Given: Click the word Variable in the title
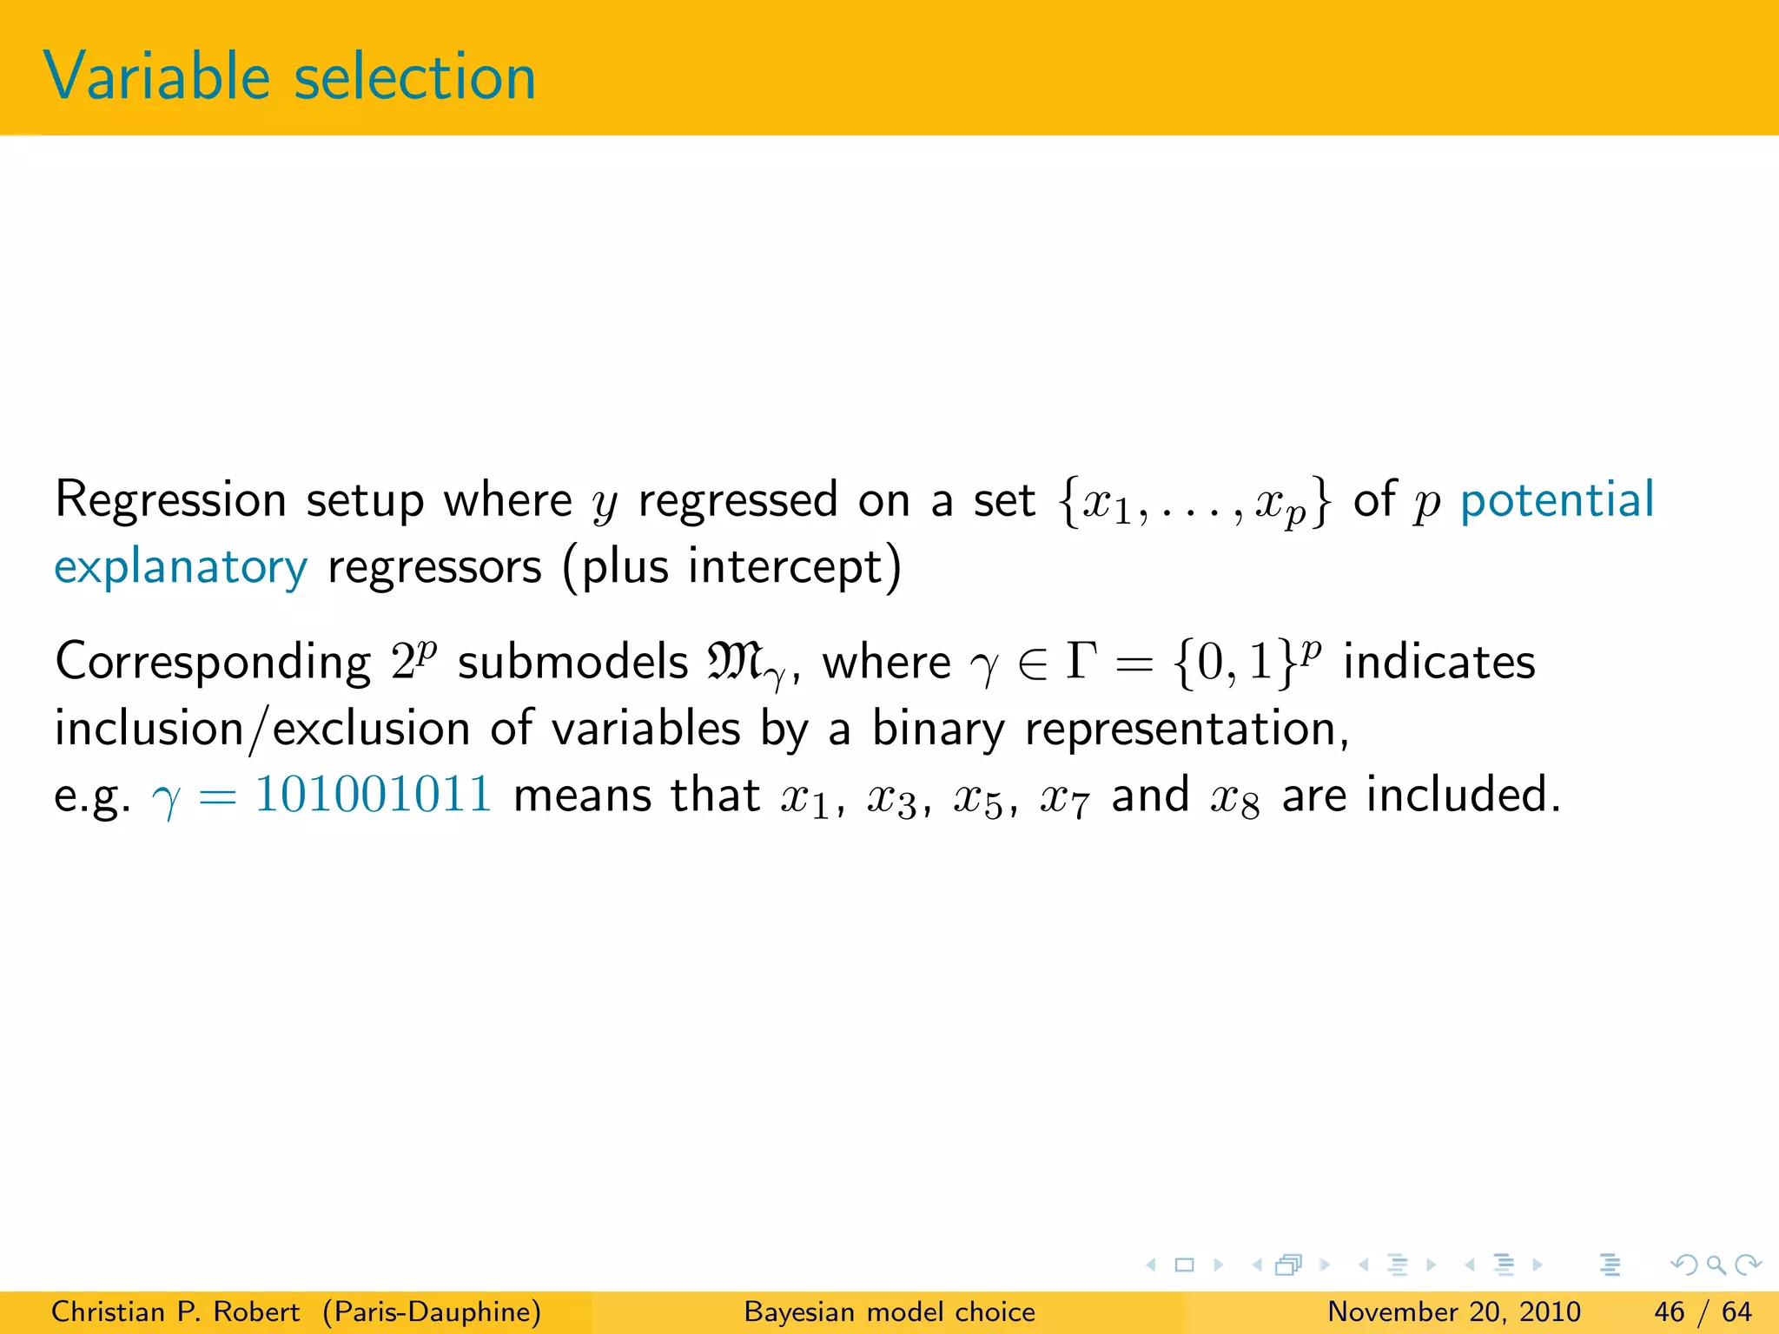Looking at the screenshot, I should (156, 76).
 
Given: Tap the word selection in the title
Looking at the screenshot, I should (415, 76).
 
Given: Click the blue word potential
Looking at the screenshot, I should (1557, 500).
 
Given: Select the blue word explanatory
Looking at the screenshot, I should (181, 568).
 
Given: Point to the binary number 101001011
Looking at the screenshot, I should (374, 794).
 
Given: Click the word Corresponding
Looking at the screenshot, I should (213, 663).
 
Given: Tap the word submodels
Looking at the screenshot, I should (572, 663).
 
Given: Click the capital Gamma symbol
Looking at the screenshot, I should (1081, 662).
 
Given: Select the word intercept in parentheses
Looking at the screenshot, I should (784, 568).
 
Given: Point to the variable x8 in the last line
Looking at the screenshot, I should (1234, 796).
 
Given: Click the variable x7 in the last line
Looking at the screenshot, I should (1064, 796).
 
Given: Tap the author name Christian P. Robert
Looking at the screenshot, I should (175, 1311).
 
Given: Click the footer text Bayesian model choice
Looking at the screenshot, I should (889, 1311).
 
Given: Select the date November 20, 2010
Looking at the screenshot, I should (1453, 1311).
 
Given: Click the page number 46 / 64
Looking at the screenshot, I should (1703, 1311).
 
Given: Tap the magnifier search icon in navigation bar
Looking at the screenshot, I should (1716, 1265).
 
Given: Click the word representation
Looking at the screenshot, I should (1187, 729).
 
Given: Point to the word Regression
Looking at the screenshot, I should (170, 501).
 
